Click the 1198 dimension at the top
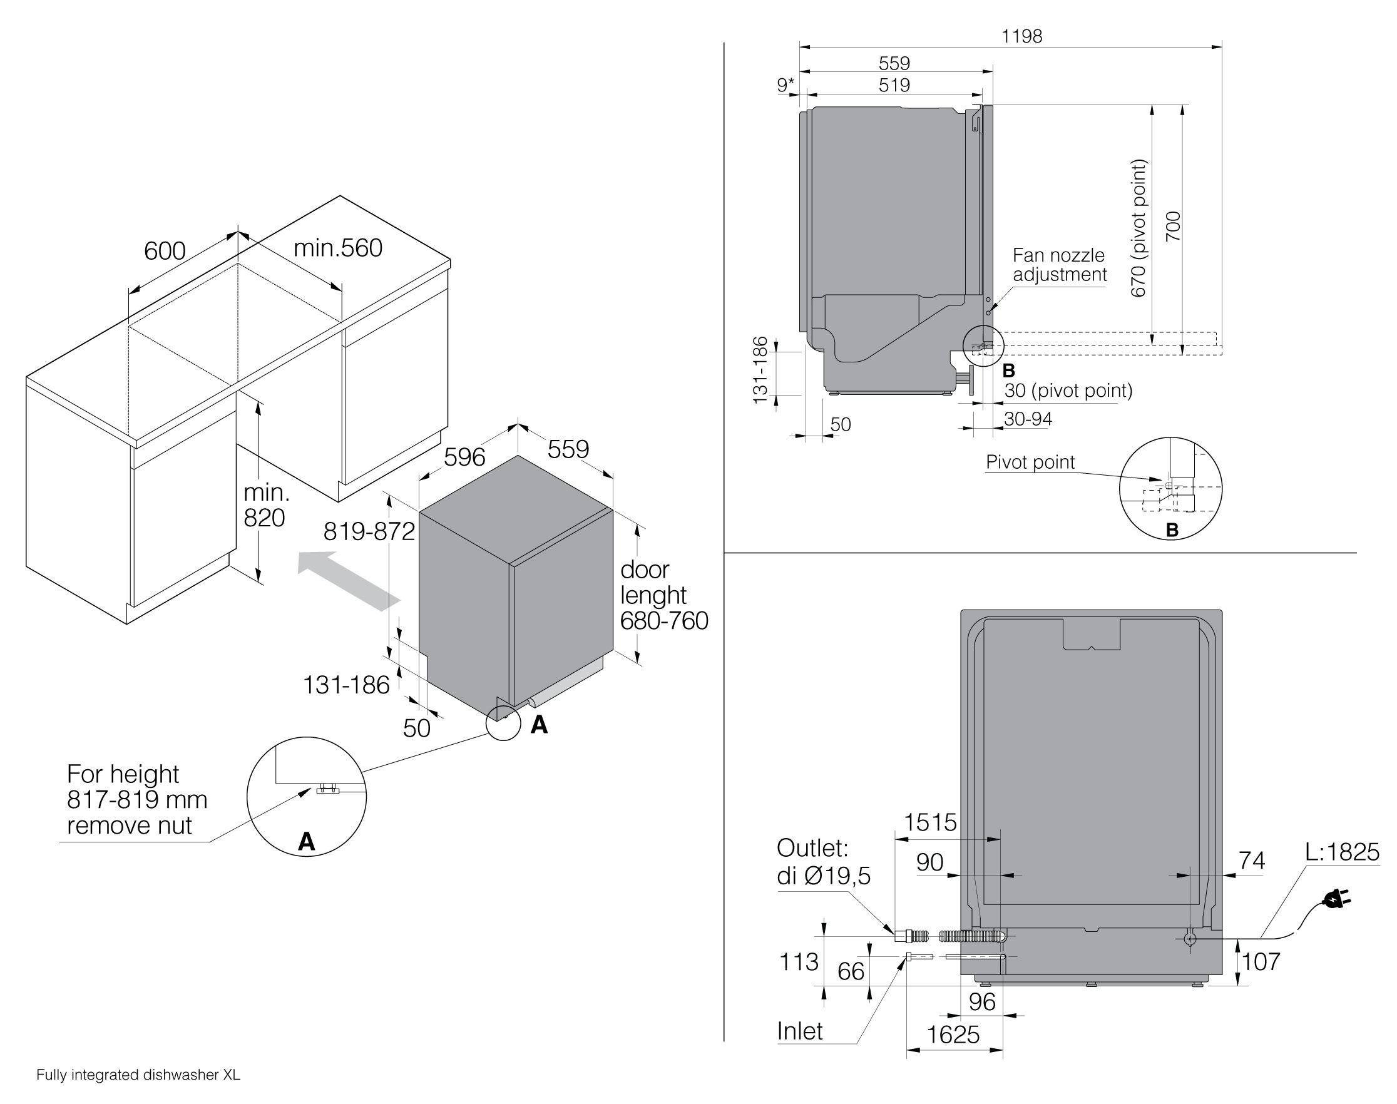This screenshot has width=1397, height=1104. click(x=1022, y=36)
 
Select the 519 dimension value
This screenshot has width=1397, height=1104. click(x=894, y=85)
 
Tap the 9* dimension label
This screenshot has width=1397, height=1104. click(x=786, y=84)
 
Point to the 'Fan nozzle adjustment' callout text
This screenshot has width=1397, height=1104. click(x=1060, y=265)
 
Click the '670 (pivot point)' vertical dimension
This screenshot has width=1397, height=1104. click(x=1139, y=228)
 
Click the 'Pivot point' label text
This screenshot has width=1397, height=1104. click(x=1030, y=462)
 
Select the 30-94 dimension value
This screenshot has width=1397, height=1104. click(x=1028, y=419)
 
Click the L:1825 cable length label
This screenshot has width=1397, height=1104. click(x=1342, y=852)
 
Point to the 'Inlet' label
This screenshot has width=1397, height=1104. click(x=800, y=1031)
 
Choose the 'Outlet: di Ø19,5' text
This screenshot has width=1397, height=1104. click(x=824, y=862)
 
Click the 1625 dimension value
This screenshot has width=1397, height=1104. click(x=953, y=1035)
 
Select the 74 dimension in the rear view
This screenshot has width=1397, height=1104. click(x=1252, y=861)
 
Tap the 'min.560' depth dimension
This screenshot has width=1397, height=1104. click(x=338, y=248)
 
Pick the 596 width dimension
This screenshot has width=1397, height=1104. click(x=464, y=457)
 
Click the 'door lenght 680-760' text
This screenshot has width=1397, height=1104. click(x=664, y=595)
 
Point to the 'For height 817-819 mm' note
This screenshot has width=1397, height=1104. click(x=137, y=787)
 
